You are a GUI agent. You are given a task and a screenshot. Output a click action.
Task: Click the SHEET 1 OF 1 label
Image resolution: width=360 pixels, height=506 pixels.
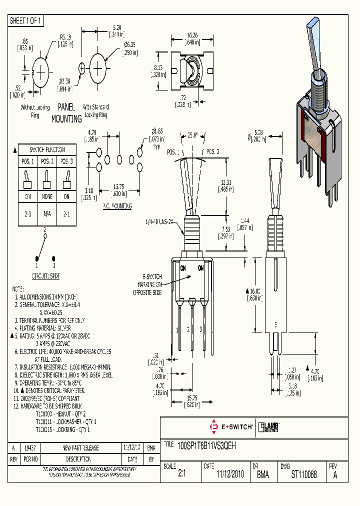(26, 20)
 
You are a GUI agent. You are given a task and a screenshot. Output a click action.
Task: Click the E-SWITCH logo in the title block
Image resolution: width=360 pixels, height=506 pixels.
(231, 427)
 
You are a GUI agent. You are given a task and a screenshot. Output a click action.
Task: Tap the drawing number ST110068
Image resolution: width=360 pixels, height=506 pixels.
(304, 474)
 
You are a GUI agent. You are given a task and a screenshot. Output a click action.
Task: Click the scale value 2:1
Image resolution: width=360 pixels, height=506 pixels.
(181, 474)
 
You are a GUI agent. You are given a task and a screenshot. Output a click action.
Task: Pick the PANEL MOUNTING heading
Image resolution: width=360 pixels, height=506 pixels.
(66, 113)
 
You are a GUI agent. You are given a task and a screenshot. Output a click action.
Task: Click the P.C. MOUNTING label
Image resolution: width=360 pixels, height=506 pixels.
(117, 206)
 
